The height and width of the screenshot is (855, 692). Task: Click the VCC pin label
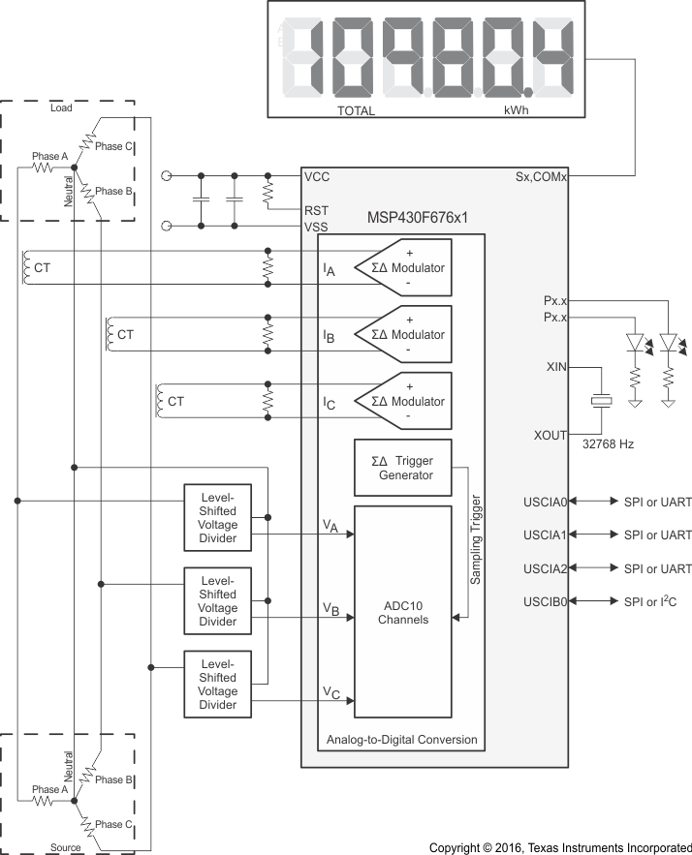click(316, 177)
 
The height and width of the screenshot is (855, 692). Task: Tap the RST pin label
click(316, 208)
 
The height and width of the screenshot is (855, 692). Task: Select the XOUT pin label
click(550, 437)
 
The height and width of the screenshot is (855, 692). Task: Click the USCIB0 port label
click(546, 601)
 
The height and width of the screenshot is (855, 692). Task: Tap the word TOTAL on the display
click(356, 110)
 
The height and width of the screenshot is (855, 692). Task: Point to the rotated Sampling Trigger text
click(476, 537)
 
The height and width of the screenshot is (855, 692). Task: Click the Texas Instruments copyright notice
click(560, 847)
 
